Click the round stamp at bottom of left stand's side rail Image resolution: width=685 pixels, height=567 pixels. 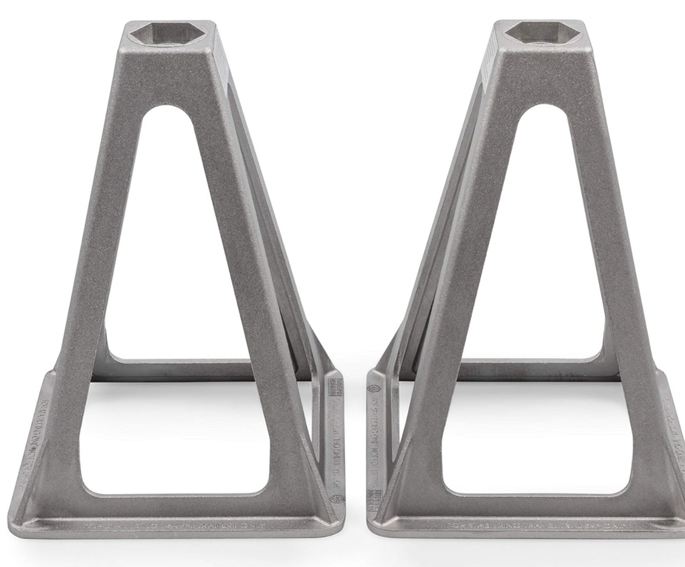tap(337, 499)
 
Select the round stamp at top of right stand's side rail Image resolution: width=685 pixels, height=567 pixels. tap(373, 388)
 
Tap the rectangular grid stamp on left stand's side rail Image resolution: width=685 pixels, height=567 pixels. tap(336, 387)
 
